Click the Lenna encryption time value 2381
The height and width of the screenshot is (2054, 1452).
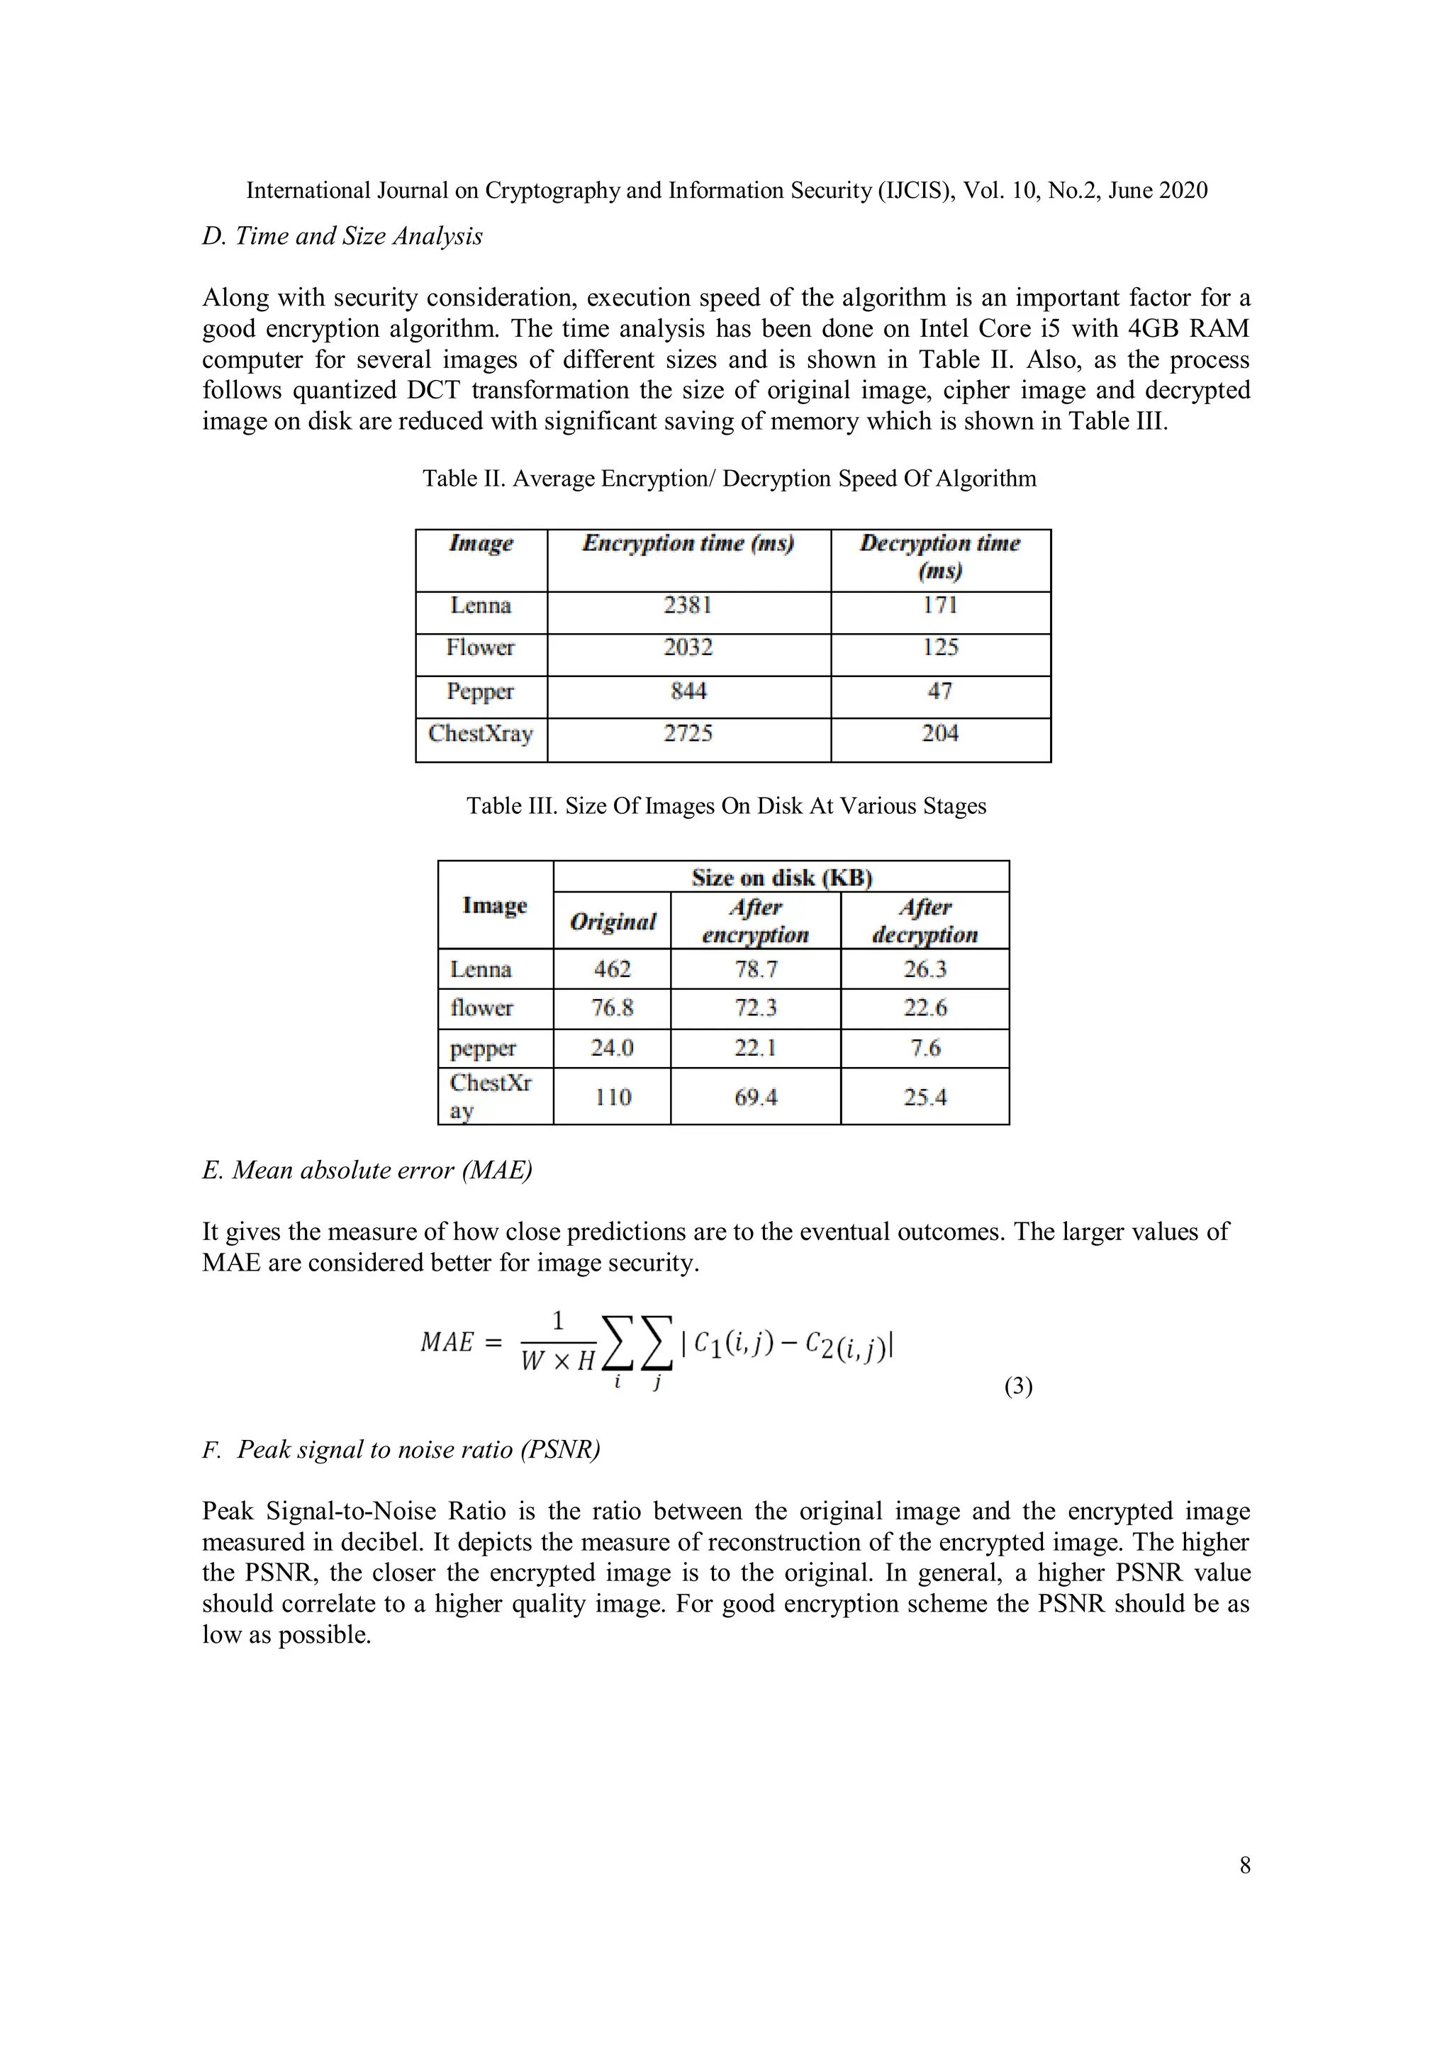pyautogui.click(x=687, y=605)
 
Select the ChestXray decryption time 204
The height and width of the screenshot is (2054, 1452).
pyautogui.click(x=939, y=734)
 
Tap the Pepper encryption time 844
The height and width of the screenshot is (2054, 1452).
pyautogui.click(x=688, y=691)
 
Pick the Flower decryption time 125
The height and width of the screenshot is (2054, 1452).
pyautogui.click(x=939, y=648)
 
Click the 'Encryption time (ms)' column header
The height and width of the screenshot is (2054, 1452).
pyautogui.click(x=688, y=544)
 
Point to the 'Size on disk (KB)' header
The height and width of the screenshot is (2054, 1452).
pyautogui.click(x=781, y=878)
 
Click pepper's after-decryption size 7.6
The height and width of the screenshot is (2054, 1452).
pyautogui.click(x=925, y=1049)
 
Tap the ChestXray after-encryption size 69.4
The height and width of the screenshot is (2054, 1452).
pyautogui.click(x=755, y=1098)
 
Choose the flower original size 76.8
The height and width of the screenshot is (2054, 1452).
pyautogui.click(x=612, y=1008)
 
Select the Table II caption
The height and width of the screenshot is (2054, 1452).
pyautogui.click(x=729, y=479)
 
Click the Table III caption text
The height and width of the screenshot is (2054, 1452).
pyautogui.click(x=725, y=806)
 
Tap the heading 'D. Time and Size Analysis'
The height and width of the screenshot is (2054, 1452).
pyautogui.click(x=342, y=236)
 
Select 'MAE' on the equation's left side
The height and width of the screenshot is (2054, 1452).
pyautogui.click(x=447, y=1343)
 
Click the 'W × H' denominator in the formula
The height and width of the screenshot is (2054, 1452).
pyautogui.click(x=557, y=1361)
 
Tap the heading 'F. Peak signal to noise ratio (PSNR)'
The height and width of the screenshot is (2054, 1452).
pyautogui.click(x=401, y=1449)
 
